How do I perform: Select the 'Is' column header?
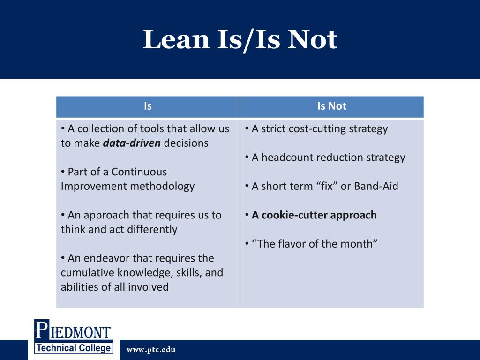tap(148, 106)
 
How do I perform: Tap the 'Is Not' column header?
tap(332, 106)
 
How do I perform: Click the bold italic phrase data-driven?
tap(132, 143)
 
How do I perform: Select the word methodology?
tap(162, 187)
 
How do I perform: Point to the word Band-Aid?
tap(376, 187)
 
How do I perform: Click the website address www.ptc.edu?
tap(151, 350)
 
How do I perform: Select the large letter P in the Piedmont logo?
tap(41, 330)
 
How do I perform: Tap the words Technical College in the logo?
tap(74, 348)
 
